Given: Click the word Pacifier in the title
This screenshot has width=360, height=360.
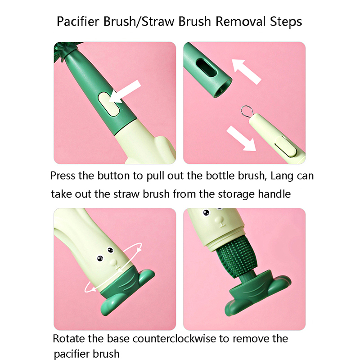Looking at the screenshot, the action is coord(78,22).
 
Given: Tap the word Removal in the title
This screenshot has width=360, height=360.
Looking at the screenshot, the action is coord(241,22).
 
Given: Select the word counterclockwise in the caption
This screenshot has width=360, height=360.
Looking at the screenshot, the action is coord(174,339).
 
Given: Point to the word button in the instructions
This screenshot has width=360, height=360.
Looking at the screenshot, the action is coord(114,176).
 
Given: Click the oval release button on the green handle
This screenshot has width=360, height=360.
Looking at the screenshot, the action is coord(108,104).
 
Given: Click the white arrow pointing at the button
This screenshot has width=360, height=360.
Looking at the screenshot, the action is coord(125,92).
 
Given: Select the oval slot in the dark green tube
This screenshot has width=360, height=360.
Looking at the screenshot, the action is coord(206,67).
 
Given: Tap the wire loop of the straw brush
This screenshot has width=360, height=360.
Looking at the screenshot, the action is coord(247,111).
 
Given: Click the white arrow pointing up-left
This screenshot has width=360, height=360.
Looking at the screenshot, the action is coord(246,71).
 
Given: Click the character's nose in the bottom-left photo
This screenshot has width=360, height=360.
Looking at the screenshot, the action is coord(113,262).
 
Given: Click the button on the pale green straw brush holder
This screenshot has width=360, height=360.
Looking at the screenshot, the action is coord(286,146).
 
